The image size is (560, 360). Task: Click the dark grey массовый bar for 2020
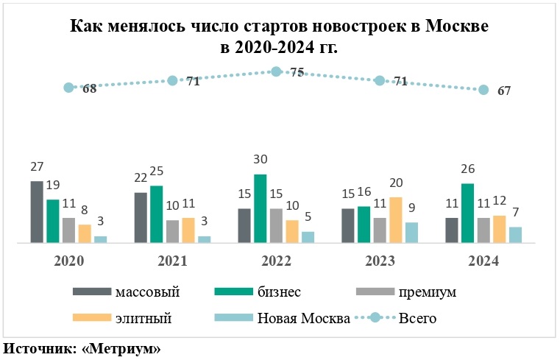[37, 212]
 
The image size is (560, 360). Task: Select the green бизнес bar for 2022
[260, 208]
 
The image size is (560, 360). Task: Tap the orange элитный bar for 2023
[396, 219]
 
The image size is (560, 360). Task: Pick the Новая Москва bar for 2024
[516, 234]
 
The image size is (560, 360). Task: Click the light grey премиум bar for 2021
[172, 231]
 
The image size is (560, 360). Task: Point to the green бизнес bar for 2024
[468, 213]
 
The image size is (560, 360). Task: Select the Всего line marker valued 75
[276, 71]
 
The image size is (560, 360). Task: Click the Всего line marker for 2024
[483, 90]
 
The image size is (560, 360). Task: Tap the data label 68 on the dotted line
[90, 89]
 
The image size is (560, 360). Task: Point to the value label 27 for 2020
[37, 167]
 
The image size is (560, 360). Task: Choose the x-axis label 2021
[172, 261]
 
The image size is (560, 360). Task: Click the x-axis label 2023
[380, 261]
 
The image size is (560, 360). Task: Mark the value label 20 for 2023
[397, 183]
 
